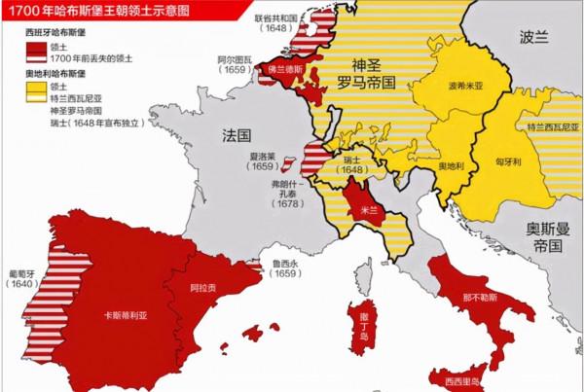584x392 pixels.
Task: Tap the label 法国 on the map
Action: point(237,131)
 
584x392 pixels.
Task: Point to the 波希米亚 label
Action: point(464,86)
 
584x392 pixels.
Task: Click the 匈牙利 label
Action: point(510,161)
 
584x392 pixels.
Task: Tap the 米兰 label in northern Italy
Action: point(370,208)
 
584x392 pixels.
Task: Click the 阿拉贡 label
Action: point(201,288)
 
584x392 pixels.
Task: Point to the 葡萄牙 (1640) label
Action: point(20,278)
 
